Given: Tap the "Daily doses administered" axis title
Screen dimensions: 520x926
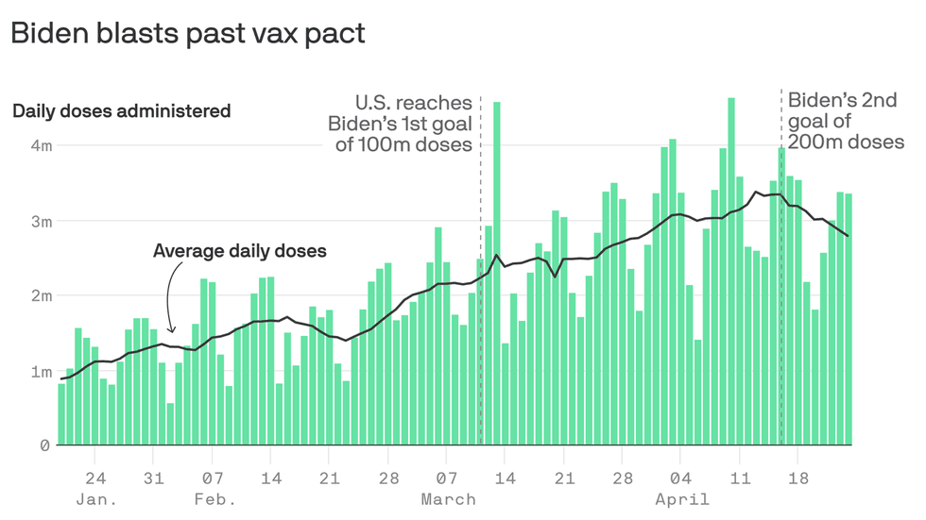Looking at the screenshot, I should [121, 111].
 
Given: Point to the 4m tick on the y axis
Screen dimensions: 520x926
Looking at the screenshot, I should [39, 145].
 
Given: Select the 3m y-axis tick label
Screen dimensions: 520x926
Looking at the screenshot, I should [39, 221].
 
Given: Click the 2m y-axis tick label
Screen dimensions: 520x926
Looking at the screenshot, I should [39, 295].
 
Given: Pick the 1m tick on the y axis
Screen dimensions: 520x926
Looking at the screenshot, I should [39, 371].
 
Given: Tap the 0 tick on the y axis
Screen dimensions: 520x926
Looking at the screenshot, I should [44, 445].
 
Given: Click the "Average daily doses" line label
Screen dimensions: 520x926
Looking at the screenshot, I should [239, 251].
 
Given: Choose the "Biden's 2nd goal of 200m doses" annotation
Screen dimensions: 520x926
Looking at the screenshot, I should [846, 121].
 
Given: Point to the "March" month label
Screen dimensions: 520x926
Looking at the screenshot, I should [449, 499].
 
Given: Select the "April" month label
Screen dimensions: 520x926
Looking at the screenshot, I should [681, 499].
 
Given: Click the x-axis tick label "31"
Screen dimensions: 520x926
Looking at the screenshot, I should [154, 478].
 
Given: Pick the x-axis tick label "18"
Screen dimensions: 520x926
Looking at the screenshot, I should [798, 478].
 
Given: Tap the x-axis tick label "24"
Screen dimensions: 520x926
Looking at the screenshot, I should [95, 478].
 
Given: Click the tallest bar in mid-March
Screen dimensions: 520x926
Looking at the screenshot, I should [497, 274].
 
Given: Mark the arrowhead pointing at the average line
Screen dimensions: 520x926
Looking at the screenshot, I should [170, 329].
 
